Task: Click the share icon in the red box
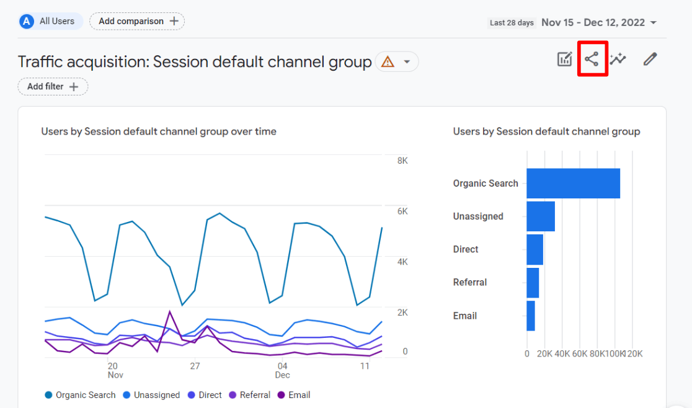tap(592, 60)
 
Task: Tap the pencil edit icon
tap(649, 60)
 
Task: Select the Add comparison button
tap(137, 21)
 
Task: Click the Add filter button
tap(53, 87)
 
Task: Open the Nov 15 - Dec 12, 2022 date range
tap(598, 23)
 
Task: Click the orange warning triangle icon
tap(388, 62)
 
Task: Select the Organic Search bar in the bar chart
tap(573, 184)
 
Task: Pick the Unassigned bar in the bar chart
tap(540, 216)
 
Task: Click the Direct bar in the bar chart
tap(535, 249)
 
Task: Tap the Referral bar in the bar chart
tap(533, 283)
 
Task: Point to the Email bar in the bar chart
tap(531, 316)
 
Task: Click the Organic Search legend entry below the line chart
tap(80, 395)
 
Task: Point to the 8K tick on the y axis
tap(402, 161)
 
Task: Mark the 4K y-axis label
tap(402, 262)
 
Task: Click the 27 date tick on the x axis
tap(195, 366)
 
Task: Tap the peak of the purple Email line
tap(169, 311)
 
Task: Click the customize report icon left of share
tap(564, 60)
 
